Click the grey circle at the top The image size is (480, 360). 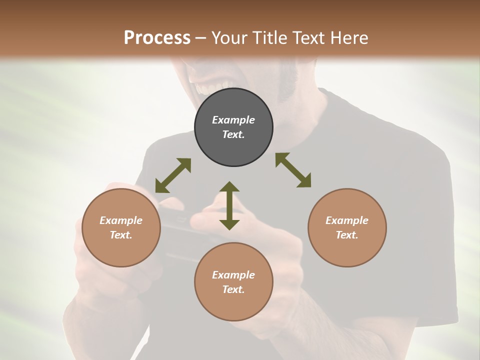click(x=233, y=127)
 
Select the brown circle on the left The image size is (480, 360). click(x=121, y=228)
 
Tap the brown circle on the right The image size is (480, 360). click(x=347, y=228)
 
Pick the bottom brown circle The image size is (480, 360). click(x=233, y=282)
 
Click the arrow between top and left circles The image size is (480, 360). click(x=173, y=175)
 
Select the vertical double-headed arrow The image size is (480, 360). click(x=229, y=205)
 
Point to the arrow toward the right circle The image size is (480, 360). click(x=293, y=170)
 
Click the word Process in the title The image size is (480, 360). click(x=157, y=37)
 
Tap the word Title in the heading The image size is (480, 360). click(x=270, y=37)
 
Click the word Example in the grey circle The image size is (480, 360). click(x=233, y=120)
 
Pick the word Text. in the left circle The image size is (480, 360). click(x=121, y=235)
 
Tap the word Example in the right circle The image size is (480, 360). click(x=347, y=220)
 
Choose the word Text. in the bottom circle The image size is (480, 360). click(x=233, y=289)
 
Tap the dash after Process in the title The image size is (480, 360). click(x=201, y=37)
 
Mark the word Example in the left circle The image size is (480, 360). click(x=121, y=220)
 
